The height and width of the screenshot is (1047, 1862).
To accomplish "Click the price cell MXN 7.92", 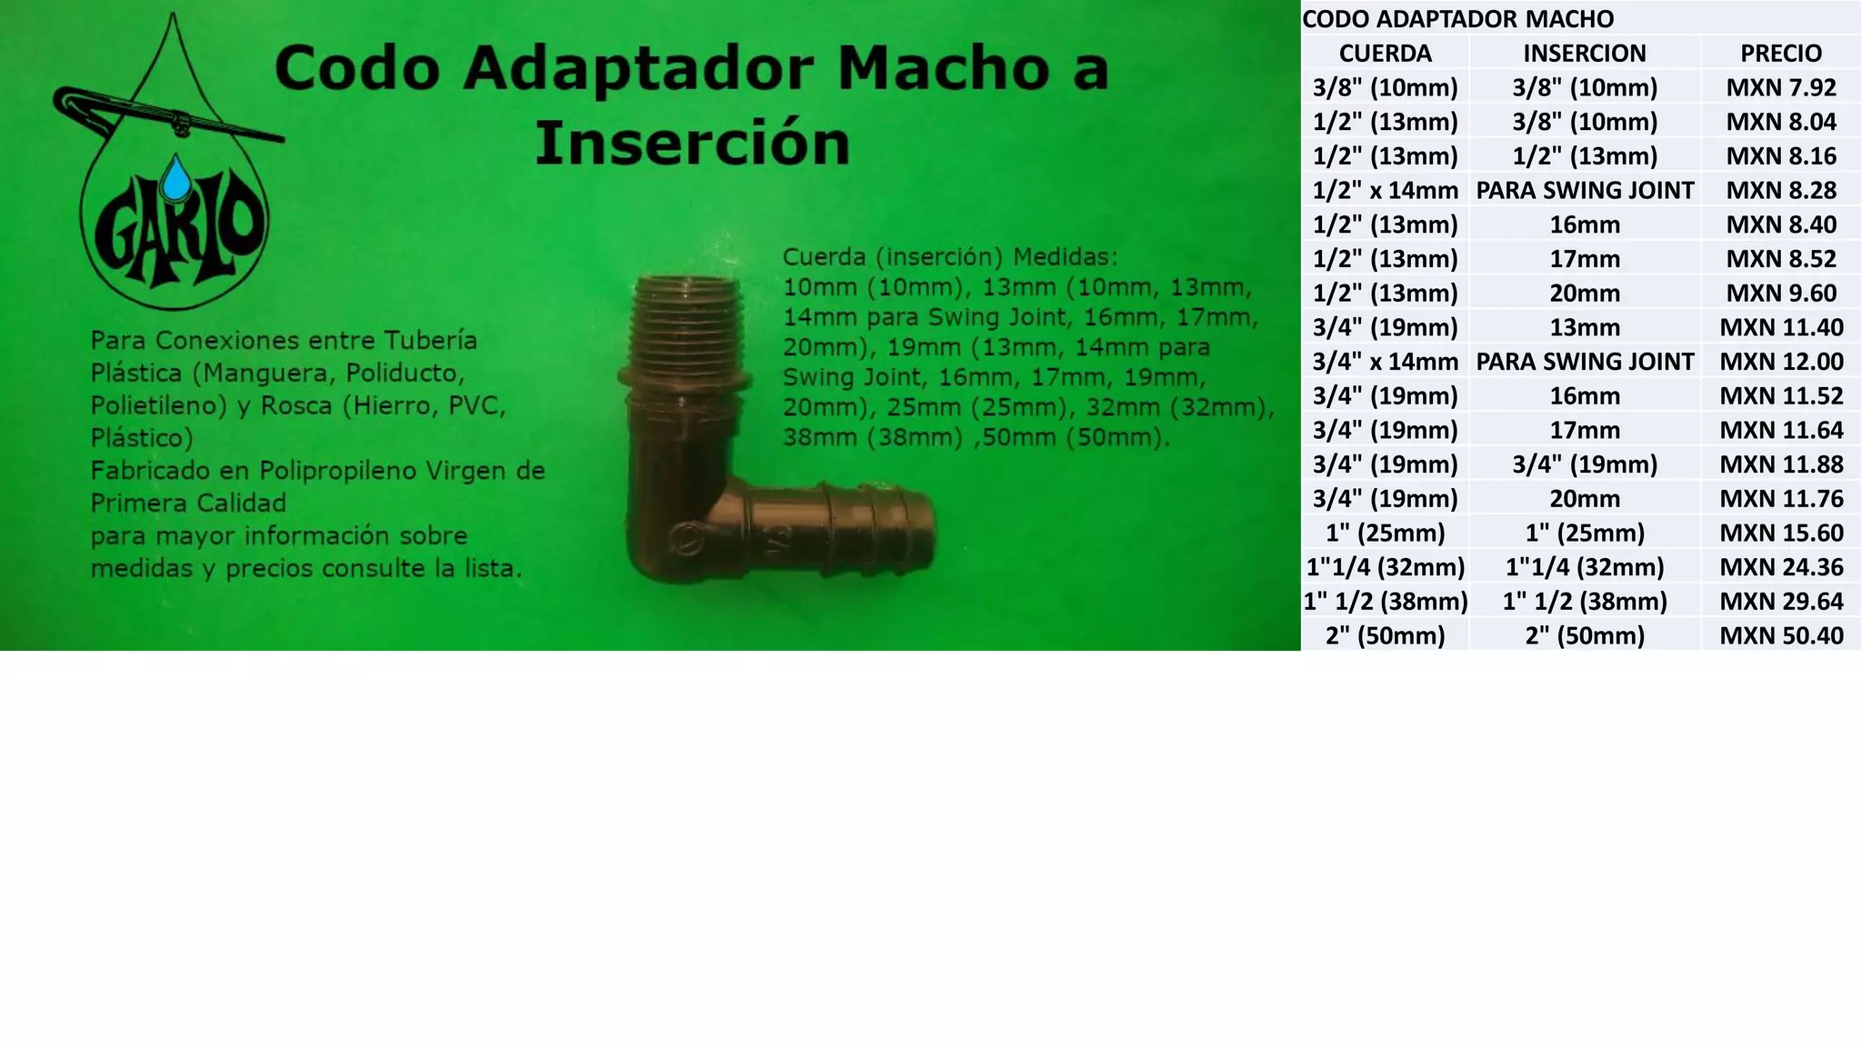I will (x=1780, y=87).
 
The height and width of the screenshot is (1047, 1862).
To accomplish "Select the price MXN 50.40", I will (x=1780, y=635).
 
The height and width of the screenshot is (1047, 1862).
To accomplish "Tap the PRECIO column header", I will (x=1780, y=53).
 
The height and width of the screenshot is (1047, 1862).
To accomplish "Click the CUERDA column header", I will (x=1385, y=53).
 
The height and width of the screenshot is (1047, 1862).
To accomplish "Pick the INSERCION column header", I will (x=1584, y=53).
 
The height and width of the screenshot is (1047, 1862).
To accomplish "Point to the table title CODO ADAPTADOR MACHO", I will (x=1458, y=18).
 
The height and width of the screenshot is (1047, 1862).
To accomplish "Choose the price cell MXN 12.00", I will (x=1780, y=361).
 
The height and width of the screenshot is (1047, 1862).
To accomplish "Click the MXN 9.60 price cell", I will (x=1780, y=293).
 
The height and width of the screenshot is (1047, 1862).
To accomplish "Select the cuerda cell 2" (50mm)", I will (x=1385, y=635).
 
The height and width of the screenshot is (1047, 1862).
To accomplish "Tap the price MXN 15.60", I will (x=1780, y=533).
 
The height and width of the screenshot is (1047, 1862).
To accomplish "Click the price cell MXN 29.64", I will (x=1780, y=601).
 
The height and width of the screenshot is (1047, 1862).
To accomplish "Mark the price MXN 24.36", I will (x=1780, y=567).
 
